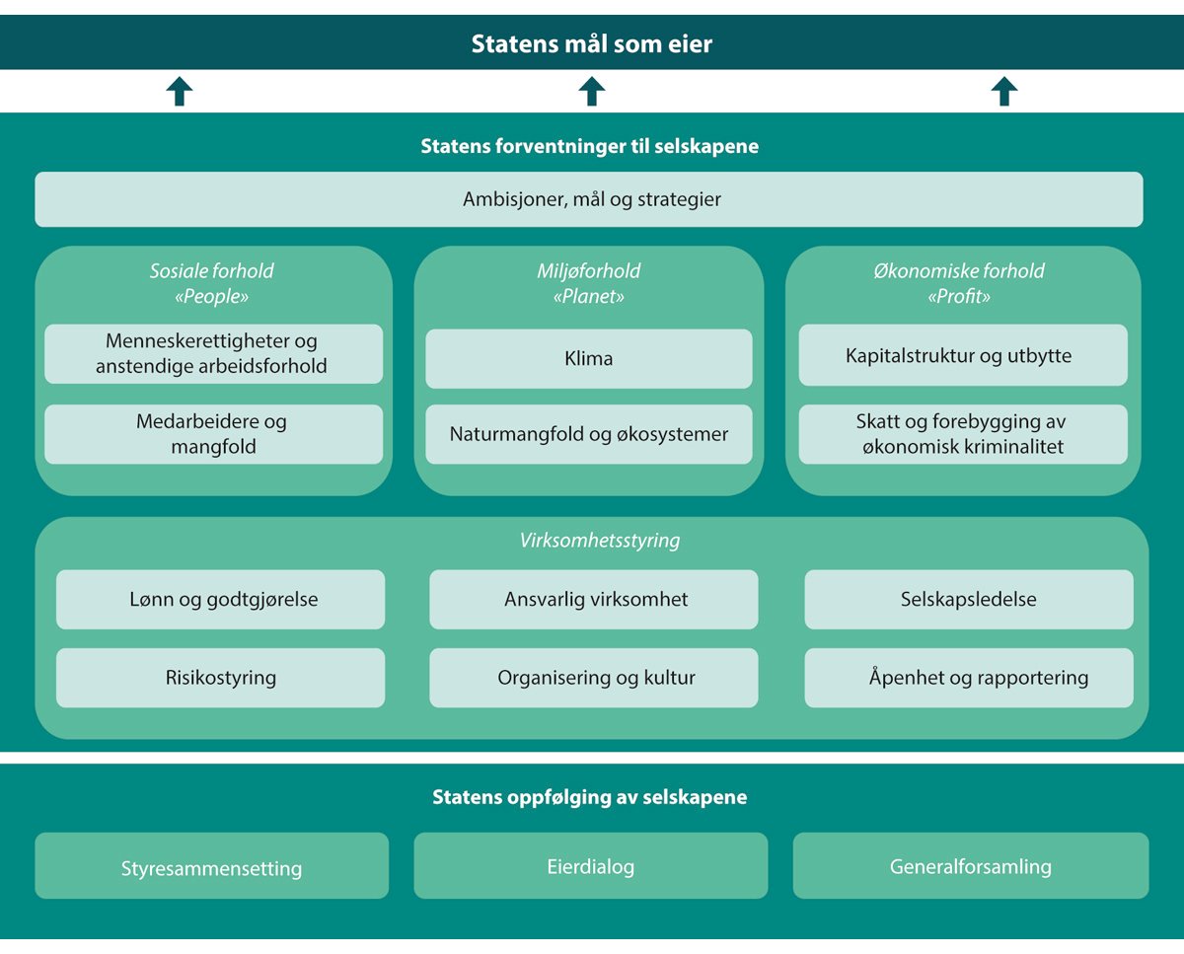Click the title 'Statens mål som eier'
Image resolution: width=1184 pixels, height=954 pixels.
[591, 43]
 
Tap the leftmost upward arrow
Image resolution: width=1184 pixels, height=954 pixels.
[179, 92]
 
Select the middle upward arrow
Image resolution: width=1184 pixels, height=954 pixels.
[591, 92]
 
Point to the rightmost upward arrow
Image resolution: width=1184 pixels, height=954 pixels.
[1003, 92]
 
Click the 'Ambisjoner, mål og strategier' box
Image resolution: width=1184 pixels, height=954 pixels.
[589, 199]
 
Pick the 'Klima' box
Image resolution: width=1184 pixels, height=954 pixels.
[589, 358]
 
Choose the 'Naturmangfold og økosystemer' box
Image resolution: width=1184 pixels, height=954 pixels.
[589, 434]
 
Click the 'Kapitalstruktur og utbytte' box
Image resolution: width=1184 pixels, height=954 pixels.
[962, 355]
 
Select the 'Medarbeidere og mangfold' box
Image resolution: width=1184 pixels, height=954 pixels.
[213, 434]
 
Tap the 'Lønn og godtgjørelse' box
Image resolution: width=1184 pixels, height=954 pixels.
[221, 599]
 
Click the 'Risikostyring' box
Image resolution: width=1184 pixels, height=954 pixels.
[221, 678]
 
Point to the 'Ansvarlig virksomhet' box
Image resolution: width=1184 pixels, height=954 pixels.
[594, 599]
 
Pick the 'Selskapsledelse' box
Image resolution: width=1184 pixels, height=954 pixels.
[969, 599]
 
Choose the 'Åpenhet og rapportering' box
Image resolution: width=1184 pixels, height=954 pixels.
[969, 678]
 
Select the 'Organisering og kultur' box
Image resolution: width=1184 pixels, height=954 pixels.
[594, 678]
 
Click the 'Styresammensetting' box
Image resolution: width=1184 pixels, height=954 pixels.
[211, 867]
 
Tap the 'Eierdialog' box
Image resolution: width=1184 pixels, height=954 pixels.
[590, 866]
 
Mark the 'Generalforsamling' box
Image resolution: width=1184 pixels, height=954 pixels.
[971, 866]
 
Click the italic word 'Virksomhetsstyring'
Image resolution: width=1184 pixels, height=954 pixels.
[599, 541]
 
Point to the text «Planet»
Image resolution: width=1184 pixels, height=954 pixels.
[589, 296]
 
